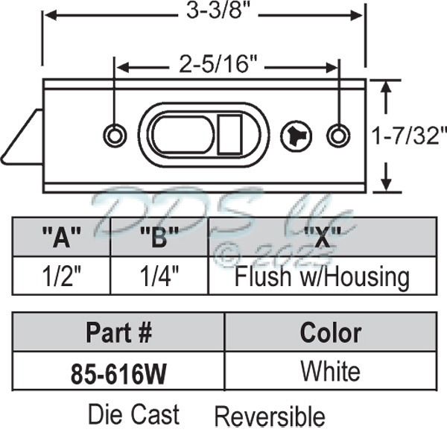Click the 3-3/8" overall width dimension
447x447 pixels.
tap(202, 12)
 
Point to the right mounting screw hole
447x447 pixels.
tap(338, 135)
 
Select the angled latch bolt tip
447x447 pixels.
tap(20, 138)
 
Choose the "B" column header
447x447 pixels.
tap(159, 239)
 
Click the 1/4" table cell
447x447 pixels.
tap(159, 277)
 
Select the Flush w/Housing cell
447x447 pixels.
tap(322, 277)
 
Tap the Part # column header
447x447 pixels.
tap(119, 332)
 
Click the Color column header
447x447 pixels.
tap(330, 332)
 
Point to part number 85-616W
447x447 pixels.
tap(119, 372)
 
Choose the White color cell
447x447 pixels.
tap(330, 370)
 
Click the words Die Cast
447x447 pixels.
tap(133, 413)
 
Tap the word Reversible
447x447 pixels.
tap(270, 416)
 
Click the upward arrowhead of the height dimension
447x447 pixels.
tap(386, 86)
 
